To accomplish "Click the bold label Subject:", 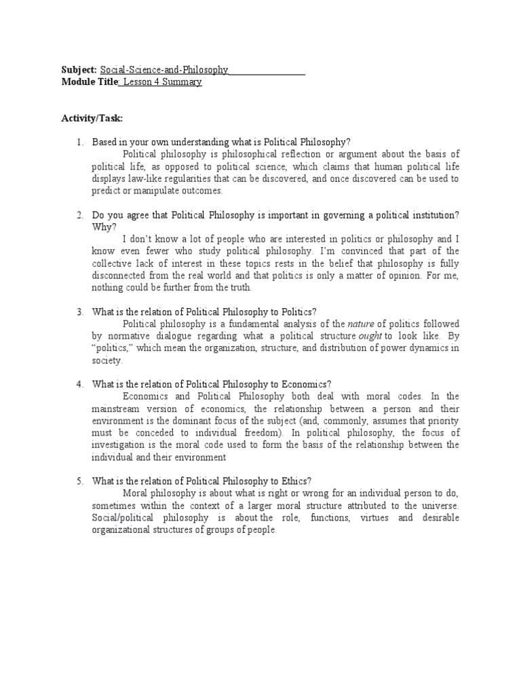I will (79, 70).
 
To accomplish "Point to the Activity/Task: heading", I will (92, 118).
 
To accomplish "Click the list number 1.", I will (79, 142).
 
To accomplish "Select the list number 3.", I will (79, 312).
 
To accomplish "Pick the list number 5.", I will (79, 481).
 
